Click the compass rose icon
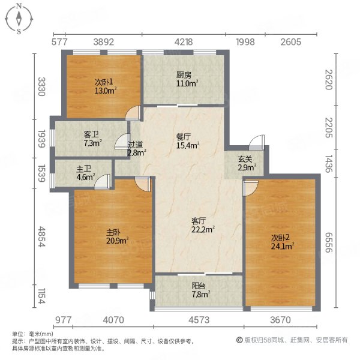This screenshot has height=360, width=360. tap(19, 19)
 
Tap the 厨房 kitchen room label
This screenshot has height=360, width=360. tap(184, 75)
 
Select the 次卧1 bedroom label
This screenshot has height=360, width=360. tap(104, 82)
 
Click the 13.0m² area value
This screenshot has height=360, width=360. tap(106, 90)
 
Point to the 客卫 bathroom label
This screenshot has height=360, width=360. tap(91, 134)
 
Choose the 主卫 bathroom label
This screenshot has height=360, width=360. tap(84, 169)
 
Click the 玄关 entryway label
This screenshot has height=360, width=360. tap(245, 159)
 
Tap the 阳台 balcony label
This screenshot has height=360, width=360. tap(199, 286)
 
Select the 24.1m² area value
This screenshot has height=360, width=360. tap(283, 247)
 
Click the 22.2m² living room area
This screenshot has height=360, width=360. tap(203, 229)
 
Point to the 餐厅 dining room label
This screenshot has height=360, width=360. tap(184, 137)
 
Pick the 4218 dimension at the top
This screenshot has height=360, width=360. tap(184, 42)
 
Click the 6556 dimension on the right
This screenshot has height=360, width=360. tap(329, 242)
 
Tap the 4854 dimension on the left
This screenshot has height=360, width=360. tap(41, 236)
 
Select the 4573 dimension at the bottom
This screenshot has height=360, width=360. tap(199, 320)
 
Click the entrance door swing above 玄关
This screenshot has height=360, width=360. tap(256, 142)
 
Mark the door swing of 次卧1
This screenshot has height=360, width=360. tap(133, 113)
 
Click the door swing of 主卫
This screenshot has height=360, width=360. tap(103, 182)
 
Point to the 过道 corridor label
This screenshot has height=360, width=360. tap(135, 145)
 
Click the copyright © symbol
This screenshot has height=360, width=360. tap(239, 340)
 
